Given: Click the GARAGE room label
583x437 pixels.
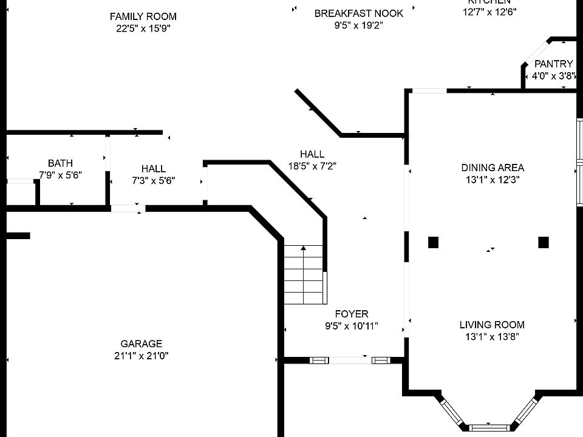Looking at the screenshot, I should pos(141,344).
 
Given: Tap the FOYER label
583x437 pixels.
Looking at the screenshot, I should pos(352,314).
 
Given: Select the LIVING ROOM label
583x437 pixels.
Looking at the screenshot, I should pos(492,325).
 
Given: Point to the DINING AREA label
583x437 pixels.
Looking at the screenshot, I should pos(493,168).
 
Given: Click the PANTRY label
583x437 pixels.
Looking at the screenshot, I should pos(553,64).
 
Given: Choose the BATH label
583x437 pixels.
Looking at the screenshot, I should pos(60,163).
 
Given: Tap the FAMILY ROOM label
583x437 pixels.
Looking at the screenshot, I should pos(143,16).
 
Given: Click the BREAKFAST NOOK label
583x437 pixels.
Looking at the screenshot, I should pos(358,13).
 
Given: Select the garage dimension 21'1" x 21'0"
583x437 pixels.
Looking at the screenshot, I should pos(141,356).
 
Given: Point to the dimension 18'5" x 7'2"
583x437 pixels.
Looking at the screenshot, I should pos(312,166).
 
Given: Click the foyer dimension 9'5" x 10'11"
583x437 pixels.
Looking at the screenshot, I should pos(352,326).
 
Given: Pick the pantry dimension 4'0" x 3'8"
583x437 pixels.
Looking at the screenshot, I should pos(553,76).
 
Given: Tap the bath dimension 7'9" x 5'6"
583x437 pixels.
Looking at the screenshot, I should pos(60,175).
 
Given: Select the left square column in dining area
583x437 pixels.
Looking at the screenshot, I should pos(433,242).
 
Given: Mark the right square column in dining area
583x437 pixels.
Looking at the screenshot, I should pos(544,242).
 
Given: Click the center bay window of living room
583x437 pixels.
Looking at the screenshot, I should pos(489,427).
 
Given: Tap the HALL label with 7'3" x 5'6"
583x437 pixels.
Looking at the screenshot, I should pos(153,169).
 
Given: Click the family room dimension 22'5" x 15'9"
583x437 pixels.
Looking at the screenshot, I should pos(143,29).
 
